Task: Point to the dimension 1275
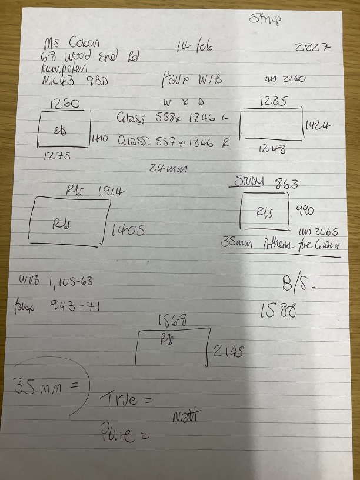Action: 59,156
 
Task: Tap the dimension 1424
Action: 318,126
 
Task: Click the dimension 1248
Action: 272,149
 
